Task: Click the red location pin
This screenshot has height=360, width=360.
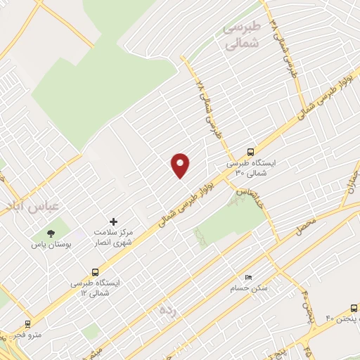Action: [181, 165]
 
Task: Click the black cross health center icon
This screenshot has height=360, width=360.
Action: [114, 221]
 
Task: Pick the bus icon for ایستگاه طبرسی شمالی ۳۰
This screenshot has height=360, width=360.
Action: [251, 152]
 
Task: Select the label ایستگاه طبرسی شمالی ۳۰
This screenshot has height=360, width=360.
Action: [251, 167]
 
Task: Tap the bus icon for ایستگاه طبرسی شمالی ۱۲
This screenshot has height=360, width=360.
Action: [95, 272]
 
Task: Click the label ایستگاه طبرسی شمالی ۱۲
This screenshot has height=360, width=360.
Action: [95, 287]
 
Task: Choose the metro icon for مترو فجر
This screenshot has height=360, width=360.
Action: [27, 324]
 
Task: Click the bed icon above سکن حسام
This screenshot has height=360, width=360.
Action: [247, 276]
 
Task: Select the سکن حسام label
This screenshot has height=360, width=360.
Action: [246, 288]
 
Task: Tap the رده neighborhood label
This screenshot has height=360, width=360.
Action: [167, 309]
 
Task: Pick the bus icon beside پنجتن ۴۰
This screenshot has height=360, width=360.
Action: [353, 308]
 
